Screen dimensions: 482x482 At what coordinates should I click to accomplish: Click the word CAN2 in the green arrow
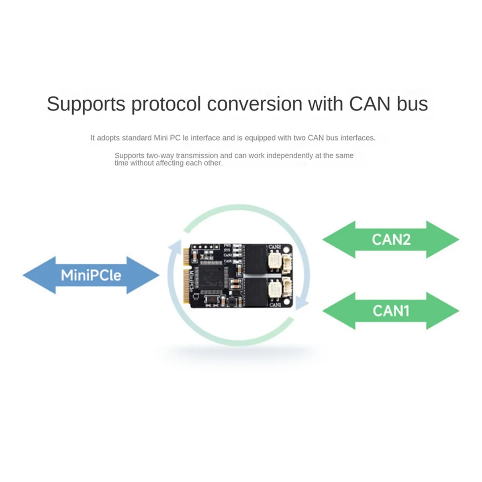coord(391,239)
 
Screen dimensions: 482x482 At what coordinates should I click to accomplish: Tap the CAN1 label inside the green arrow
coord(391,311)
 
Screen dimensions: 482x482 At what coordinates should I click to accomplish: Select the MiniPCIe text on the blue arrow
coord(91,276)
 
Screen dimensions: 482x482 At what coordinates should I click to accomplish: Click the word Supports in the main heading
coord(86,104)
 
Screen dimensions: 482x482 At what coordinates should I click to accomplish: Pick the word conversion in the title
coord(255,104)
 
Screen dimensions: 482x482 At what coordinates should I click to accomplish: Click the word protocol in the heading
coord(166,104)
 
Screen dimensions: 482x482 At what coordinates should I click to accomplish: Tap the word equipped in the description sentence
coord(260,138)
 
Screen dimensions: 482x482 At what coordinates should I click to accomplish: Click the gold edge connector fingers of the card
coord(186,277)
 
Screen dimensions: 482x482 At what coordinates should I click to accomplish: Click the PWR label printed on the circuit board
coord(227,245)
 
